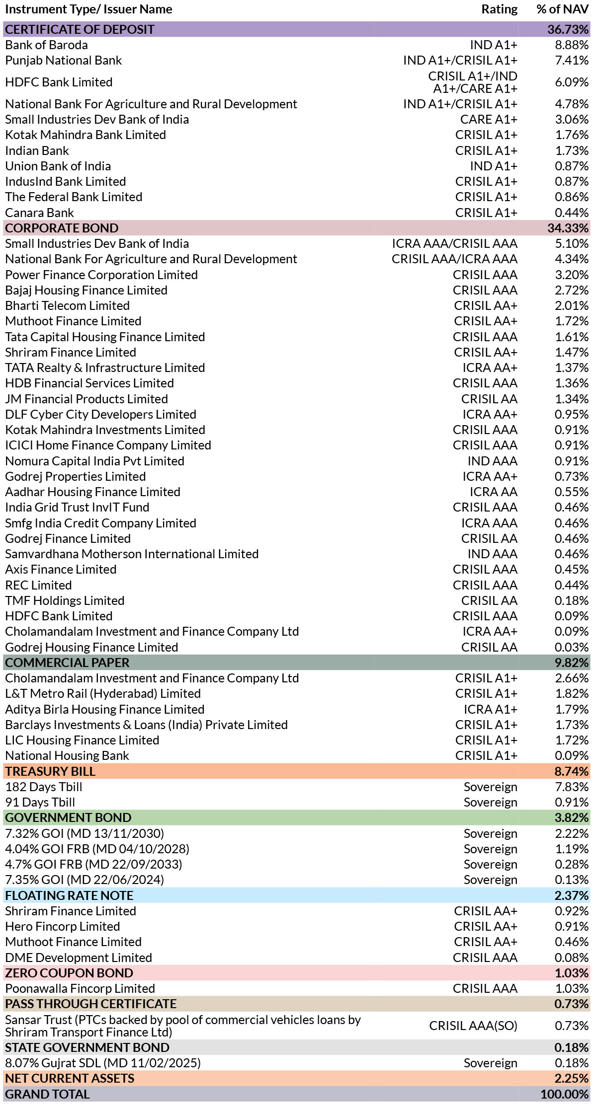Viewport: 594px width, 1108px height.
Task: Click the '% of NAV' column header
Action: coord(562,9)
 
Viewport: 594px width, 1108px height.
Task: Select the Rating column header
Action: coord(499,9)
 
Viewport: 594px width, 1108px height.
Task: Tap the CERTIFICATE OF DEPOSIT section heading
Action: coord(80,29)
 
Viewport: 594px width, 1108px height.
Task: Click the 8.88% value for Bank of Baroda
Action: coord(572,45)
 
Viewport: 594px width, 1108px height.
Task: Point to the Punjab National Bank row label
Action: coord(63,61)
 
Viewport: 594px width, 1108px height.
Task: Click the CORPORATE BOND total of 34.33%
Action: coord(568,228)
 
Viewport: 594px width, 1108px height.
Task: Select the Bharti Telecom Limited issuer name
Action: coord(67,306)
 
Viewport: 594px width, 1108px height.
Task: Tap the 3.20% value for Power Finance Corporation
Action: coord(572,275)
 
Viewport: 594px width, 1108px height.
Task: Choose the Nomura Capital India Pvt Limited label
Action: coord(94,461)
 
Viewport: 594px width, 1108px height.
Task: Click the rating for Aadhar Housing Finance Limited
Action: coord(494,492)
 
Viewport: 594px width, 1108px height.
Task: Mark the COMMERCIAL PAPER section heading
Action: coord(67,663)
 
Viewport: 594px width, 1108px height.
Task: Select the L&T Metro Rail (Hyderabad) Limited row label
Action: coord(103,694)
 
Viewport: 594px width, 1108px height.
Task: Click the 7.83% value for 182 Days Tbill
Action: coord(572,787)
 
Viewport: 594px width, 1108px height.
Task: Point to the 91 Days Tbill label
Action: coord(40,803)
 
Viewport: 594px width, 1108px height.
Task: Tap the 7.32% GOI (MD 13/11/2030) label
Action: coord(85,833)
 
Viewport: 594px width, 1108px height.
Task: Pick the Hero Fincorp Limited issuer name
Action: coord(63,927)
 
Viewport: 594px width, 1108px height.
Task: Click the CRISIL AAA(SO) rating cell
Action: coord(473,1026)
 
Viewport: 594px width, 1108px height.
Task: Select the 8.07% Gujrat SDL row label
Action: coord(103,1063)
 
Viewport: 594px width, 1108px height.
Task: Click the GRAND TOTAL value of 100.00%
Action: coord(564,1095)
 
